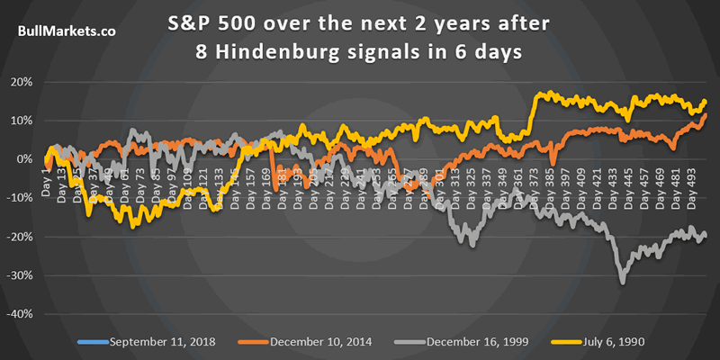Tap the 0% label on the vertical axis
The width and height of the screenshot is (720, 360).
pos(26,159)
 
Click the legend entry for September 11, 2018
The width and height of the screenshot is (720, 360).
pos(158,342)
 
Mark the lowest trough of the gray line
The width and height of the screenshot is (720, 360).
pos(622,283)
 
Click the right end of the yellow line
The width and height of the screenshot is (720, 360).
pos(705,101)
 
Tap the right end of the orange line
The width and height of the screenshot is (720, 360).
pos(705,115)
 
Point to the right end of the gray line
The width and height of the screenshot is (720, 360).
pos(705,235)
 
